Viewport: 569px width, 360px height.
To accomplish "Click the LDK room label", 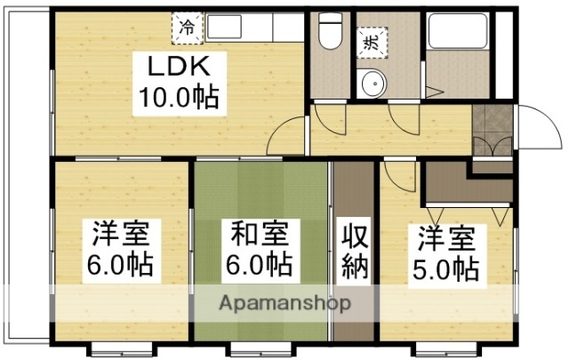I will click(x=177, y=67).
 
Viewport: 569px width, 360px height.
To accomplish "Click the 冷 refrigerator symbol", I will click(x=186, y=28).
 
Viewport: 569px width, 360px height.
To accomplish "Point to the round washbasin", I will click(x=373, y=84).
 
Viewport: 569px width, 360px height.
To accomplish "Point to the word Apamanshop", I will click(x=284, y=303).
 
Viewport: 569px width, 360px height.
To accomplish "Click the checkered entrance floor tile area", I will click(x=492, y=129).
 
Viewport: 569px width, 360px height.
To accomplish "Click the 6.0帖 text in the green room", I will click(x=260, y=264).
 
